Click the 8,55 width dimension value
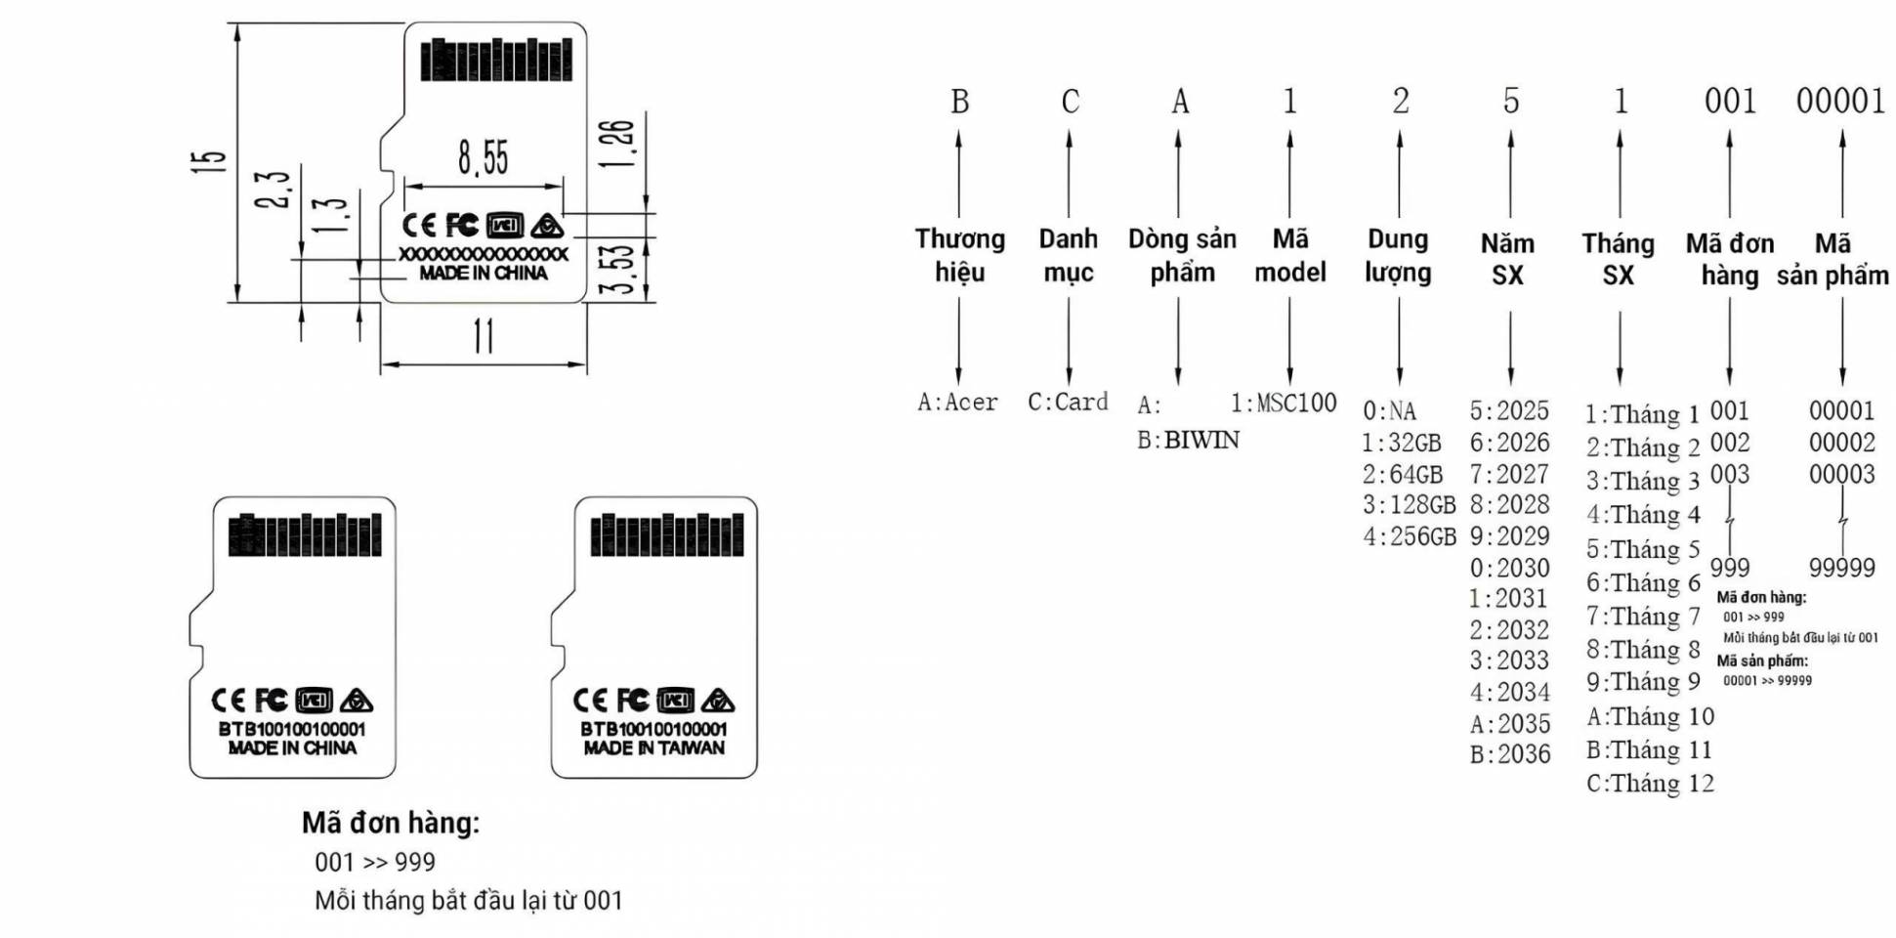tap(484, 156)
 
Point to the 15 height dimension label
tap(208, 160)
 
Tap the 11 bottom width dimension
tap(484, 336)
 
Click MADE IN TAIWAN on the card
tap(653, 748)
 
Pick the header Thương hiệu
tap(959, 255)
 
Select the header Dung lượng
tap(1398, 255)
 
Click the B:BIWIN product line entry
tap(1188, 441)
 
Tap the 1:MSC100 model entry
tap(1283, 403)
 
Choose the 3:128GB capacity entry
tap(1409, 505)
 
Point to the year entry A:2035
tap(1510, 724)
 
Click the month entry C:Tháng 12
tap(1650, 784)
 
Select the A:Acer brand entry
tap(957, 403)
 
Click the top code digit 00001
tap(1840, 101)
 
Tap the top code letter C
tap(1070, 101)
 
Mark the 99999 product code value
tap(1841, 568)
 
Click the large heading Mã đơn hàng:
tap(391, 823)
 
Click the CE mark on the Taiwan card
tap(589, 701)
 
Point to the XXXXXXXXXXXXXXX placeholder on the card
tap(483, 254)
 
